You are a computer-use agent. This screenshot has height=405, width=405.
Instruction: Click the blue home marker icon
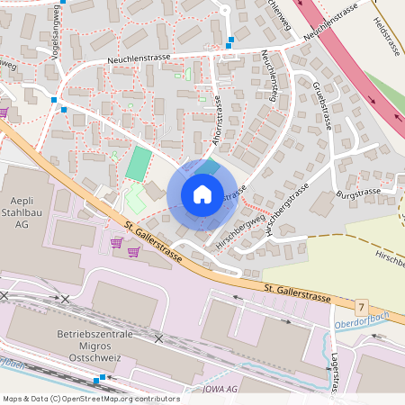point(202,194)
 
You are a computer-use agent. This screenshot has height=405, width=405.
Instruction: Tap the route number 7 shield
point(362,308)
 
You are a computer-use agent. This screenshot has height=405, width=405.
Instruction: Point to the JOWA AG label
point(219,389)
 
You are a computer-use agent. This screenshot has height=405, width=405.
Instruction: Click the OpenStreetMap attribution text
point(90,399)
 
